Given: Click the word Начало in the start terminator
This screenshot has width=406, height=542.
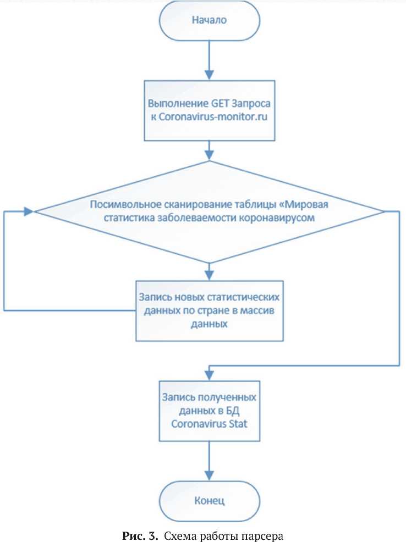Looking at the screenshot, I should pos(209,20).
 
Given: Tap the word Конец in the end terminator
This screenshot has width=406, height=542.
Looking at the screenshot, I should pos(209,501).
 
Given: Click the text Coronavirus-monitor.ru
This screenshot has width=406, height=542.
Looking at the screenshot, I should pos(210,116).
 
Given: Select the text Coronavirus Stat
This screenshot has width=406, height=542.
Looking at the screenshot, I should pos(209,423).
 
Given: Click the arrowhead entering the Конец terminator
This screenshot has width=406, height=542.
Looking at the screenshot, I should pos(210,479).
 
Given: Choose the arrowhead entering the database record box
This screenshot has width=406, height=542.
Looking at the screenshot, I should pos(210,375).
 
